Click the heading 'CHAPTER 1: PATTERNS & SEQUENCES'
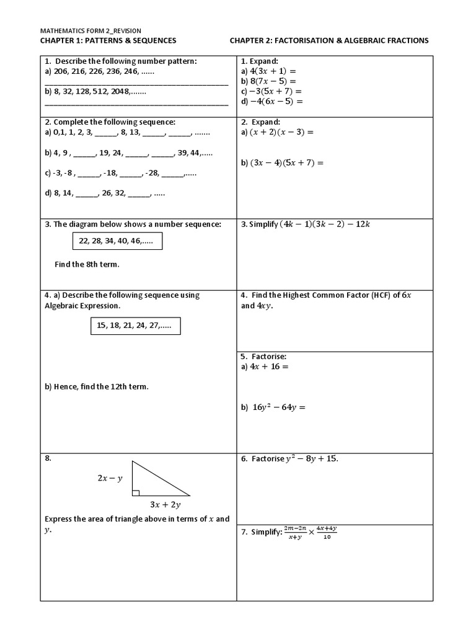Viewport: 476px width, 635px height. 108,40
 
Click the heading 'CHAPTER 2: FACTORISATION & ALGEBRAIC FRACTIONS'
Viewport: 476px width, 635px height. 329,40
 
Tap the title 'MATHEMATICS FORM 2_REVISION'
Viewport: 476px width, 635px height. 91,30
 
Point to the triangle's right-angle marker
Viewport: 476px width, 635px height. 135,493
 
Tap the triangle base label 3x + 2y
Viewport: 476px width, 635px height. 165,505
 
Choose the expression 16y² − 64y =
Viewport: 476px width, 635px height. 279,407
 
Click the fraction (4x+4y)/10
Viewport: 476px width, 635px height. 326,533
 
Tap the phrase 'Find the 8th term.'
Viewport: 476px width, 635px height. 87,264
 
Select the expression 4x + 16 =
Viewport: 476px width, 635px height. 269,366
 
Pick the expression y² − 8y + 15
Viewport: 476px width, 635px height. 312,459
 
